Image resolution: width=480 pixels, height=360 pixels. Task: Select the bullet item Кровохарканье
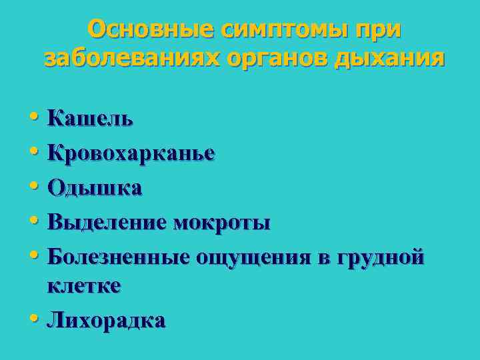pos(131,153)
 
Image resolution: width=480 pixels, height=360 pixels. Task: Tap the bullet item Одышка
pos(95,188)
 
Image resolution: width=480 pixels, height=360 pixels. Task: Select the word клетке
pos(84,286)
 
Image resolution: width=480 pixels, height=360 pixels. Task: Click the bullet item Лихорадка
pos(106,321)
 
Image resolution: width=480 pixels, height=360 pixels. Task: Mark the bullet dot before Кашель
pos(34,119)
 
